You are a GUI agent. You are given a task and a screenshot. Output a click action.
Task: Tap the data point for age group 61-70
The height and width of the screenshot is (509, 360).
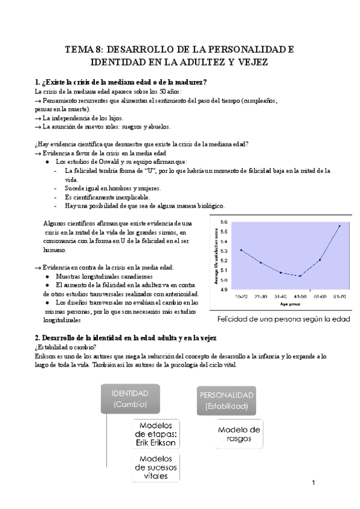tap(340, 226)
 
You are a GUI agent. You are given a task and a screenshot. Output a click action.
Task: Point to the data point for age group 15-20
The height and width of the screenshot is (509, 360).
tap(241, 250)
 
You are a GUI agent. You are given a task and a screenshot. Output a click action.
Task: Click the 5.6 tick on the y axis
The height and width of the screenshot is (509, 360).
tap(224, 223)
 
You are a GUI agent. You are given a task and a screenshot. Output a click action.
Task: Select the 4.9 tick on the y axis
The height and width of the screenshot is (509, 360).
tap(224, 289)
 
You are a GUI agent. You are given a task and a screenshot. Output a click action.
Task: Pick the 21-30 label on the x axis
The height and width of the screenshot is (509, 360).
tap(261, 297)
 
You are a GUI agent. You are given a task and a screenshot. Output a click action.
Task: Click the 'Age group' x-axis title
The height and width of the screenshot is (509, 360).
tap(290, 303)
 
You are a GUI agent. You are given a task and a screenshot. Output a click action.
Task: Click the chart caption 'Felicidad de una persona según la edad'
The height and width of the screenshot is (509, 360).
tap(283, 319)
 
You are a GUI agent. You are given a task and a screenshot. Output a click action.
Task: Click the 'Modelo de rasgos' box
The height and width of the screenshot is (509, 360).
tap(239, 433)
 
